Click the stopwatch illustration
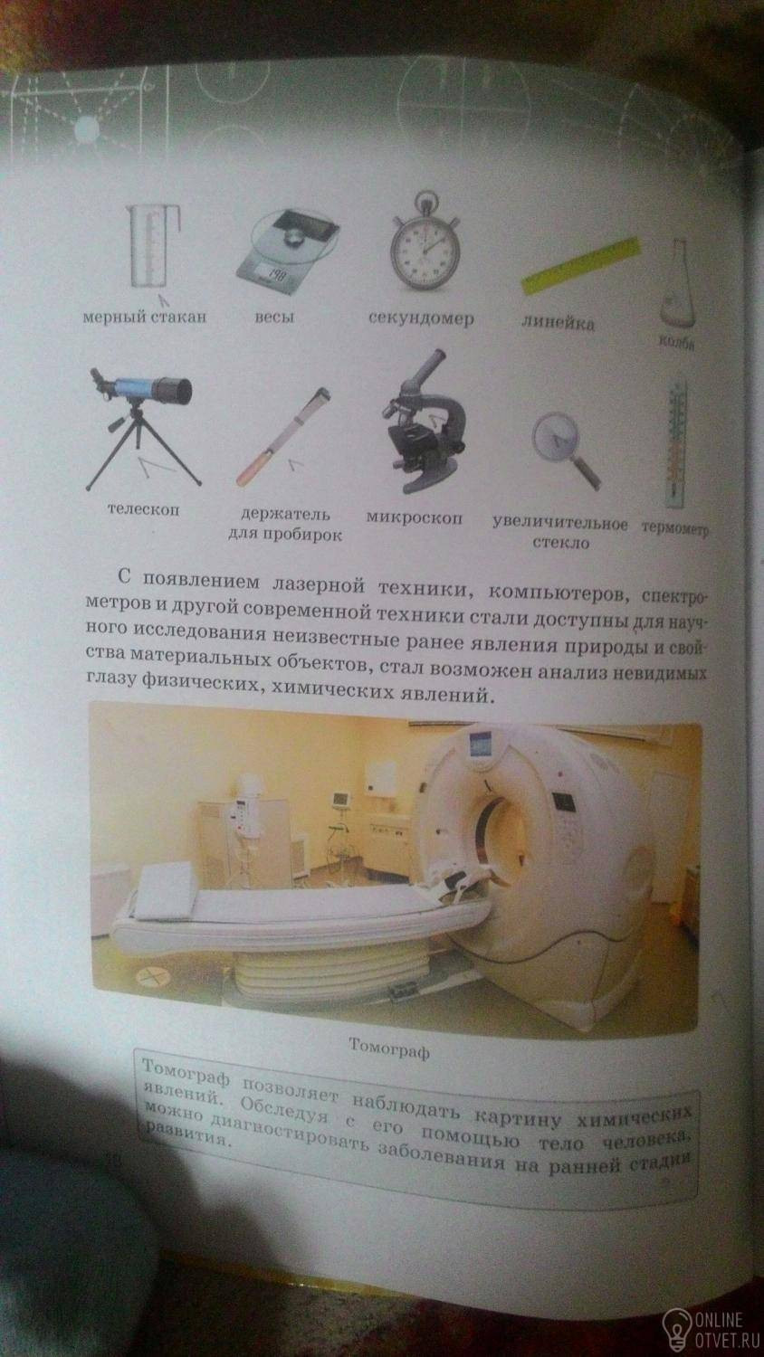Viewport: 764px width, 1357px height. (424, 242)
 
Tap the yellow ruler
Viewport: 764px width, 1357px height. (581, 266)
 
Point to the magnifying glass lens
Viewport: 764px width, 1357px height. (556, 436)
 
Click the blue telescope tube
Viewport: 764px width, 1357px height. (150, 389)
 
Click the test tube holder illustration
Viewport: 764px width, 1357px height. (282, 436)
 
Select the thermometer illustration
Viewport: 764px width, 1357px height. (675, 443)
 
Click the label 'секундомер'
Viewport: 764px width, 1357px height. (422, 318)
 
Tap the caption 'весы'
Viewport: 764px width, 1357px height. (274, 318)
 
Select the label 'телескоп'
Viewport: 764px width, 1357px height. (144, 509)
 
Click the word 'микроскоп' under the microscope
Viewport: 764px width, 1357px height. (415, 518)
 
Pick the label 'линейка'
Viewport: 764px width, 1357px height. (558, 323)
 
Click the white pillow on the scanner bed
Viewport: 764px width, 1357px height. (165, 888)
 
